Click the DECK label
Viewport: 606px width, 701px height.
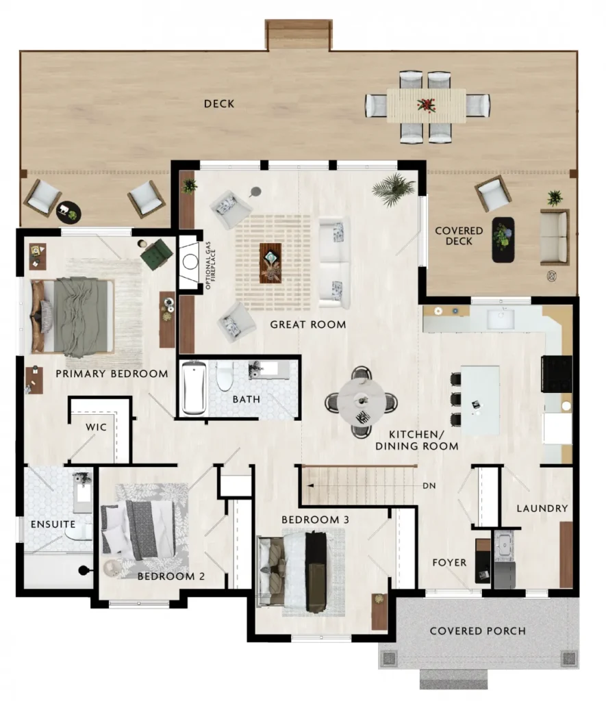219,104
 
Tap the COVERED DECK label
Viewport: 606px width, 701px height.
459,236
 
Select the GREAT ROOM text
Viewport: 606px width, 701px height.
308,324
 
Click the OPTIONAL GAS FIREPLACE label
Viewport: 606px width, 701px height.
210,265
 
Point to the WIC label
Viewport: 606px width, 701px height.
96,427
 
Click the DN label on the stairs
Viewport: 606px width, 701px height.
429,485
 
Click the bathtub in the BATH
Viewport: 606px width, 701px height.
194,387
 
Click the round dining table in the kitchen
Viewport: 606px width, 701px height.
360,401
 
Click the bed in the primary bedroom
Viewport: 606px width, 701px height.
71,316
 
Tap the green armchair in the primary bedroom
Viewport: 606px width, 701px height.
155,254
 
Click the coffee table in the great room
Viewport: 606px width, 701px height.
271,263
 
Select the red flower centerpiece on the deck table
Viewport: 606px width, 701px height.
426,105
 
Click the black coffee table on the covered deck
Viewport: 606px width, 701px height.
503,240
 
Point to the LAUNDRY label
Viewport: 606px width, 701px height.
542,509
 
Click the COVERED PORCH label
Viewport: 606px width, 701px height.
478,630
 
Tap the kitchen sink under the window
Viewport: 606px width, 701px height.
501,319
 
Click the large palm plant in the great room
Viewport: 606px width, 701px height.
394,189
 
